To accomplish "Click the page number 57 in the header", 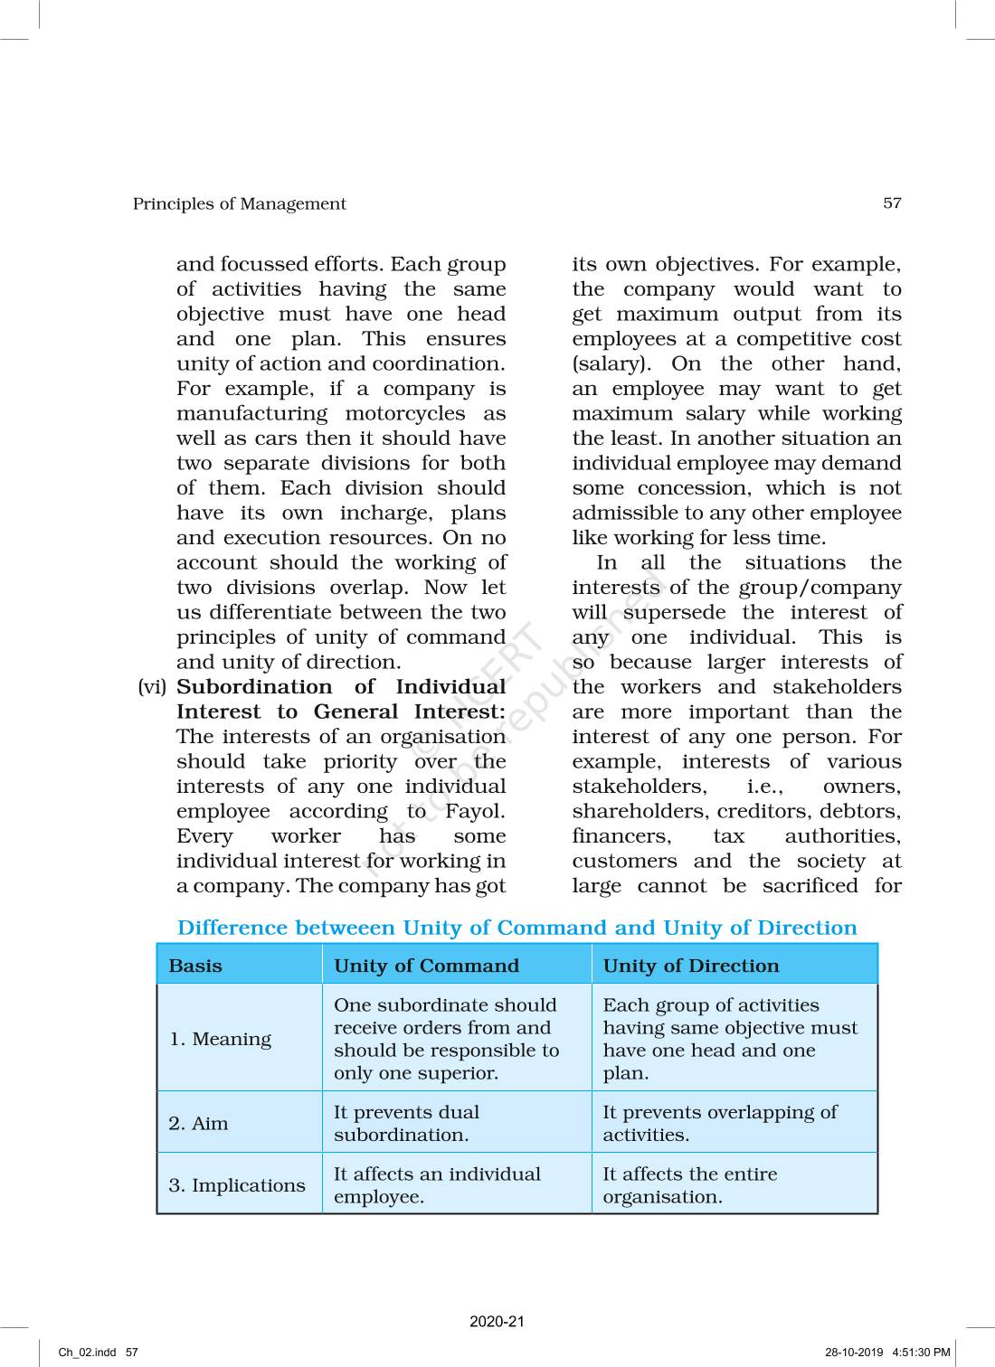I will tap(892, 203).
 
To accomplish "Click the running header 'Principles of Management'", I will tap(239, 204).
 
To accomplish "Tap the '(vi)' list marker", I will tap(152, 687).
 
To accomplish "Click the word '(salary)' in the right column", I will tap(611, 363).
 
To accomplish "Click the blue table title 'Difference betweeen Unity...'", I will tap(516, 928).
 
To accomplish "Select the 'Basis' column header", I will tap(195, 966).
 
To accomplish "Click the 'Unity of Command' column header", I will tap(426, 966).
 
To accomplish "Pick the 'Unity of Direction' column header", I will tap(690, 966).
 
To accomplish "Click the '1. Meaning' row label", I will tap(220, 1039).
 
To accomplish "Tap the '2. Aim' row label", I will tap(198, 1123).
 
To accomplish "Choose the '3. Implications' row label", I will tap(237, 1185).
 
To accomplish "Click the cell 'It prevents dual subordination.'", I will tap(406, 1123).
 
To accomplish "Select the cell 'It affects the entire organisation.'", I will tap(689, 1185).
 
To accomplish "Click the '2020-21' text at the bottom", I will tap(497, 1322).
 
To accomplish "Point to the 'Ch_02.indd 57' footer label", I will tap(99, 1353).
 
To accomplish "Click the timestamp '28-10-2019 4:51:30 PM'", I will tap(887, 1353).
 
